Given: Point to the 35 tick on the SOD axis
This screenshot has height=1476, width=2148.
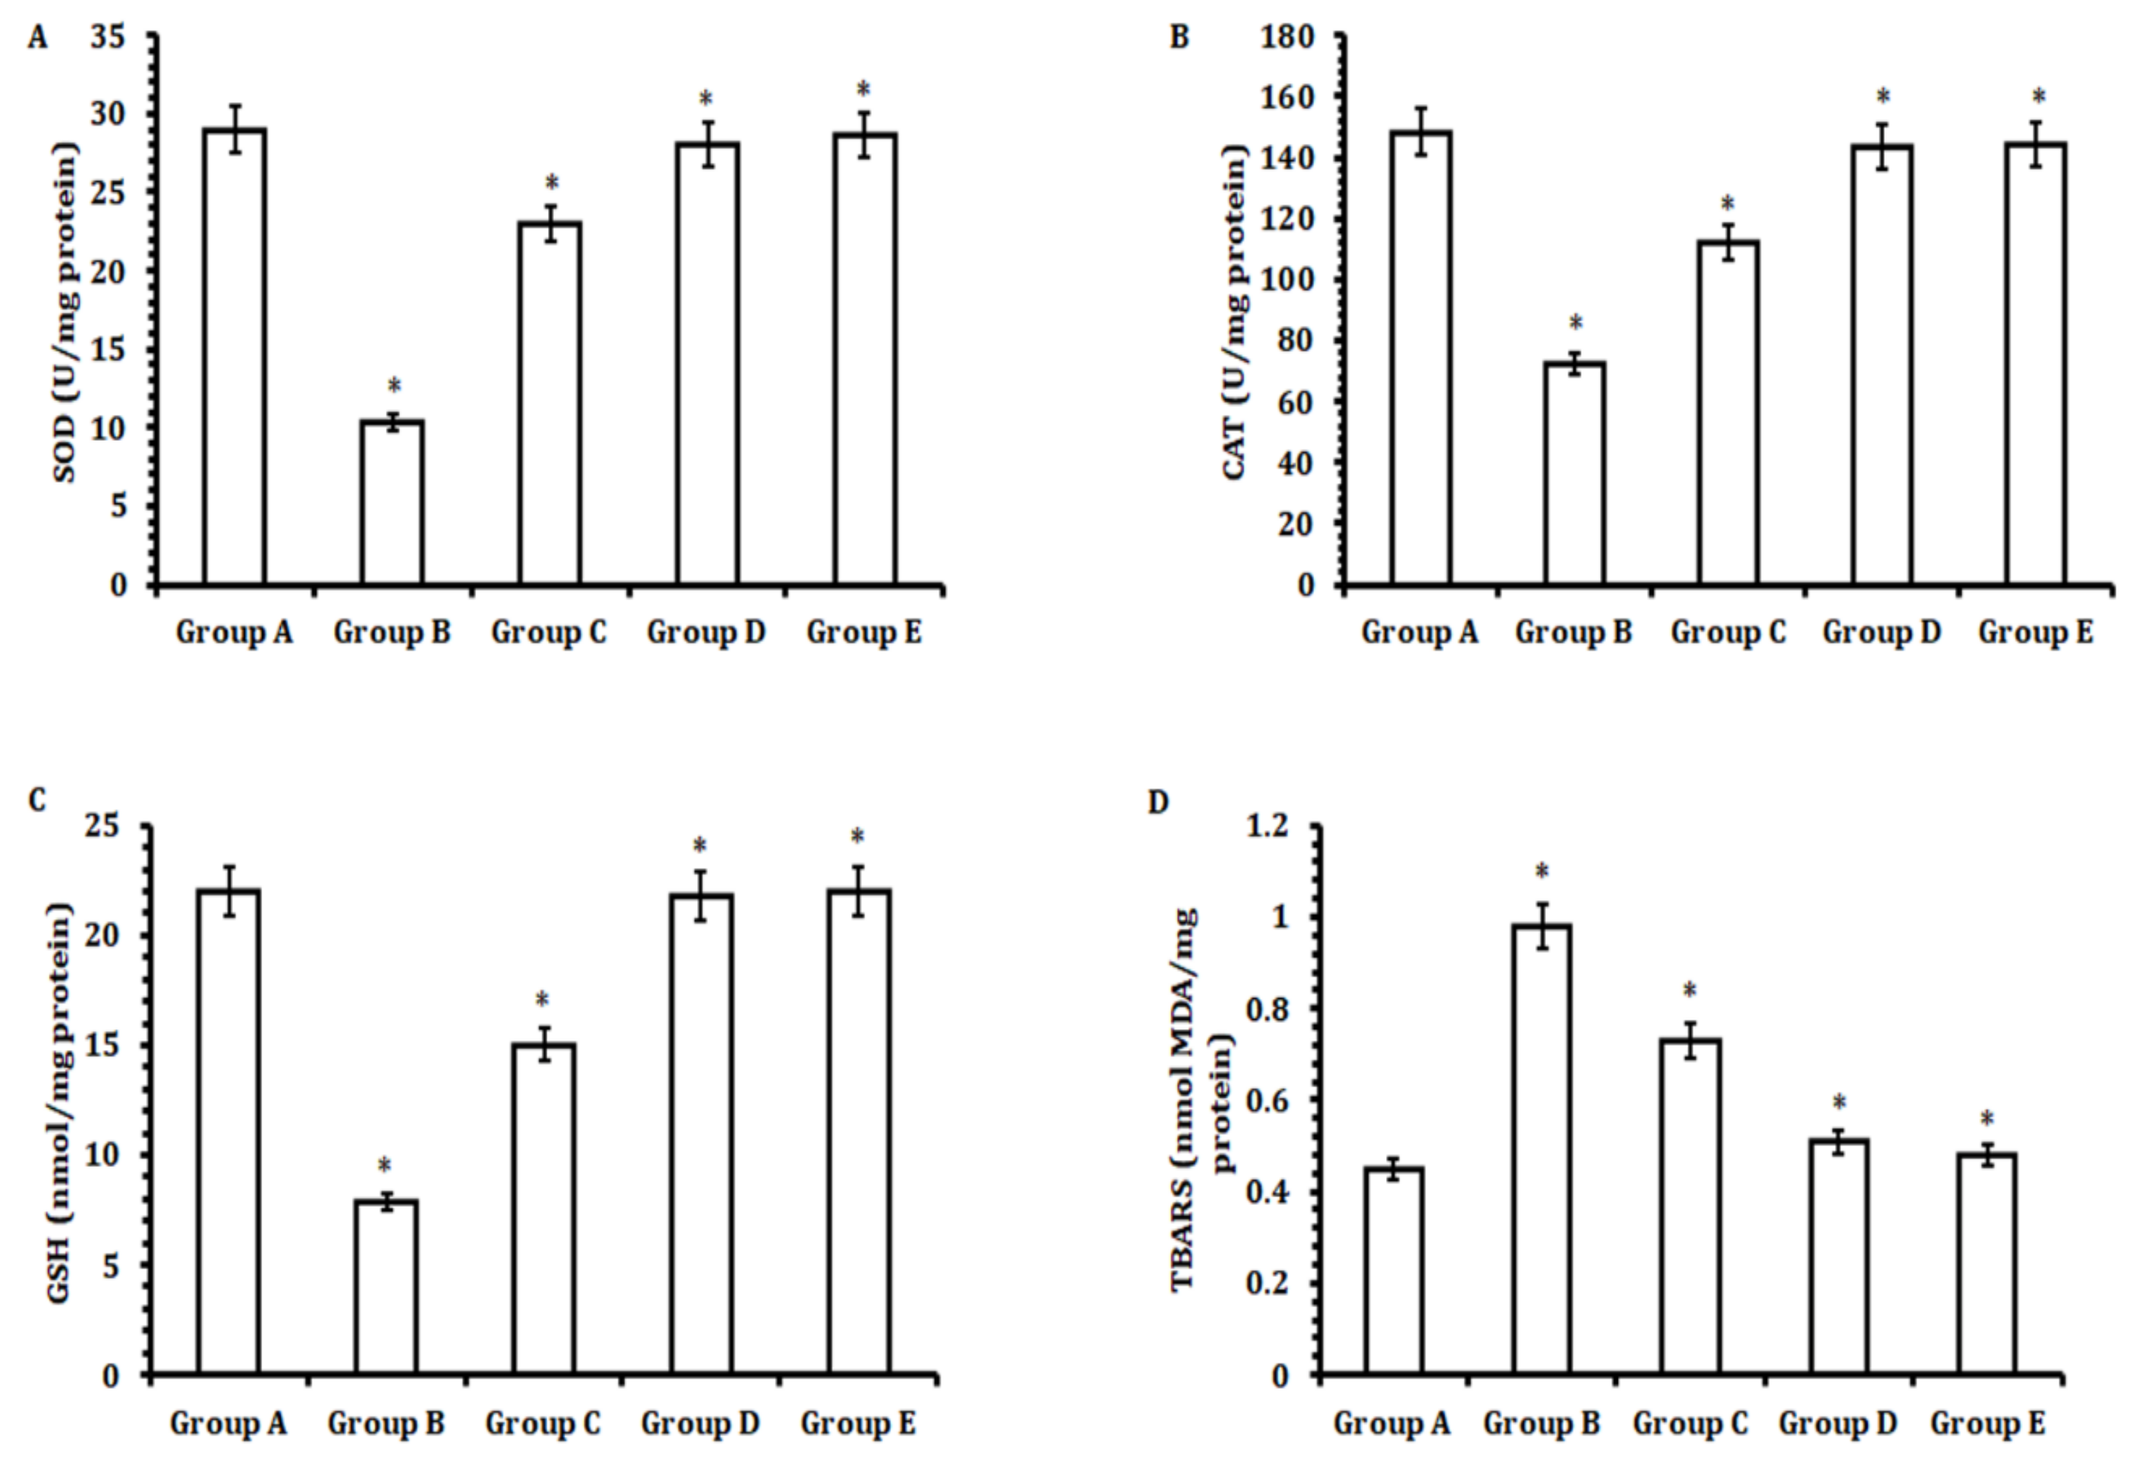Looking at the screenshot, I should pos(109,37).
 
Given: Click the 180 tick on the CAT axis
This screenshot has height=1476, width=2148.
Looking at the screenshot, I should pos(1292,37).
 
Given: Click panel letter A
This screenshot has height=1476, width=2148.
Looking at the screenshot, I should pos(37,38).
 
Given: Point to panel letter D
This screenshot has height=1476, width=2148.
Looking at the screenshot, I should pos(1158,802).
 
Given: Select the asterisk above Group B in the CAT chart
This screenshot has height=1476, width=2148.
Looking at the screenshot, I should pos(1576,323).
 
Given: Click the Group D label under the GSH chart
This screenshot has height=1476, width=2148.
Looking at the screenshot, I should pos(700,1423).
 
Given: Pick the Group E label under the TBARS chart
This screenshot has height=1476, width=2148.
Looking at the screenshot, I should pos(1987,1423).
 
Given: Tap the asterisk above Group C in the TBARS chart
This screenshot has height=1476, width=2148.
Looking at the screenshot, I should pos(1689,991).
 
